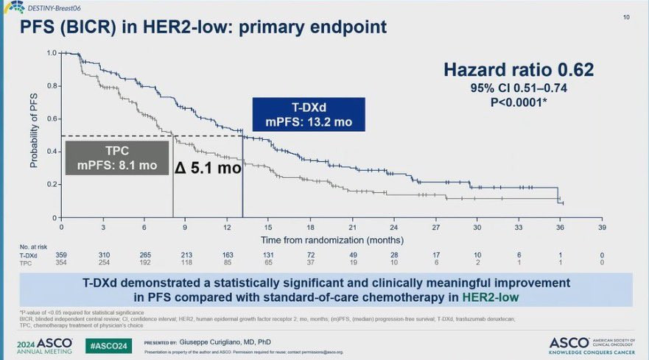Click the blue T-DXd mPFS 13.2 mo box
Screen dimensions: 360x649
coord(309,114)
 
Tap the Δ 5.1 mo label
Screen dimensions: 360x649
coord(207,168)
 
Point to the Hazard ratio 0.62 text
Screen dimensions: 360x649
coord(518,70)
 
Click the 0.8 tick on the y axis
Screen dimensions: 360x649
coord(51,86)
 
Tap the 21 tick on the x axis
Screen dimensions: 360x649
coord(353,227)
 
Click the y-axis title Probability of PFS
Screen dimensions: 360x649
coord(34,134)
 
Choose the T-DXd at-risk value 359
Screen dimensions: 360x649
coord(61,254)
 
